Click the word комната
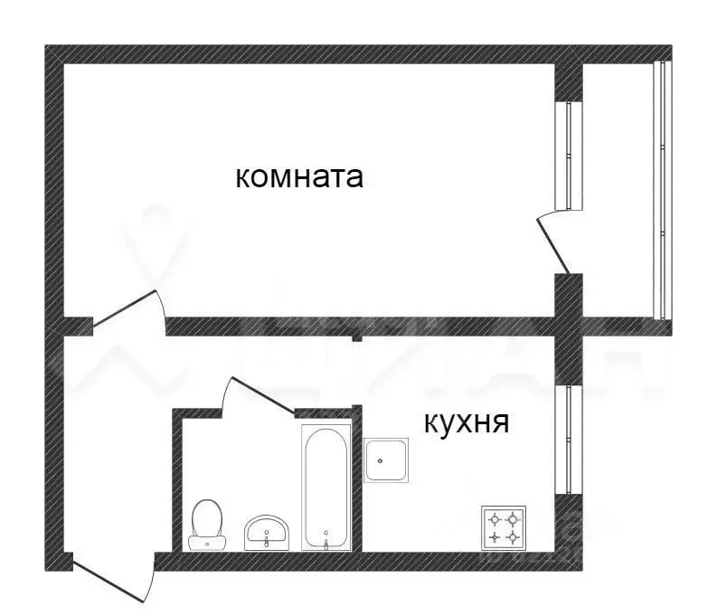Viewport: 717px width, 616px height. click(299, 177)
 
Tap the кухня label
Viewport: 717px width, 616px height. click(465, 422)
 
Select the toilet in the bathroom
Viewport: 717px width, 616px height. click(208, 524)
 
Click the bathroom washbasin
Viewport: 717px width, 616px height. click(268, 532)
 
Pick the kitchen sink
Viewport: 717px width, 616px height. click(387, 460)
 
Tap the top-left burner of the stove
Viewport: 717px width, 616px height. click(495, 518)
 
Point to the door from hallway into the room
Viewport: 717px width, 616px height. click(127, 308)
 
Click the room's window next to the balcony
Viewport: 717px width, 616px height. click(569, 155)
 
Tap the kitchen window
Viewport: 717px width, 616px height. click(569, 440)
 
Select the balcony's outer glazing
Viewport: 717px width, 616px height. click(662, 189)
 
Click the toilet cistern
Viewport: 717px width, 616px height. click(208, 544)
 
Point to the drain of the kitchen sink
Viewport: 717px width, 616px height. click(382, 460)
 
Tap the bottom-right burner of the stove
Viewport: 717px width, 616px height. click(514, 537)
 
